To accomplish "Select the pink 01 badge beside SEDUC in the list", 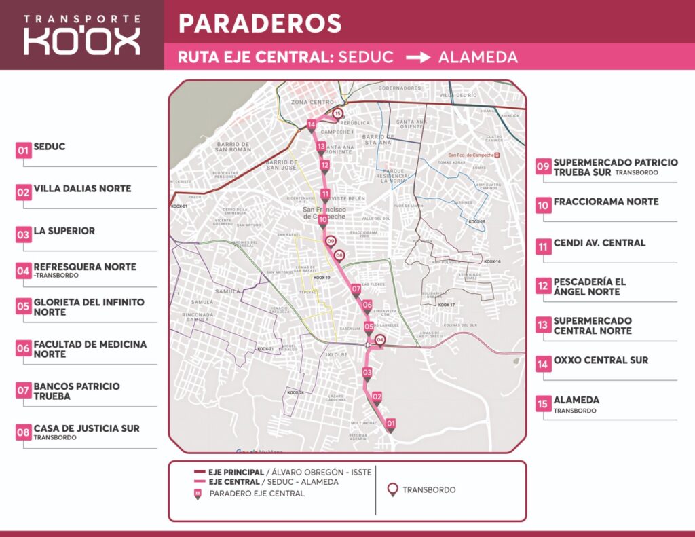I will pyautogui.click(x=24, y=150).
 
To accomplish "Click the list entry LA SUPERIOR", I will pyautogui.click(x=64, y=231).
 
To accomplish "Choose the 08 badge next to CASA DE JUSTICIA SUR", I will pyautogui.click(x=24, y=432).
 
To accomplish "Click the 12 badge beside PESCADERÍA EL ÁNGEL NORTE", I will pyautogui.click(x=543, y=286).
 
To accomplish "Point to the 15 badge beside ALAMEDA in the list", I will pyautogui.click(x=543, y=403).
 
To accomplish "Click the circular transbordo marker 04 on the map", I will pyautogui.click(x=380, y=340).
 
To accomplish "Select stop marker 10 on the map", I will pyautogui.click(x=323, y=220).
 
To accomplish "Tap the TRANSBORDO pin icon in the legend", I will pyautogui.click(x=392, y=489).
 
